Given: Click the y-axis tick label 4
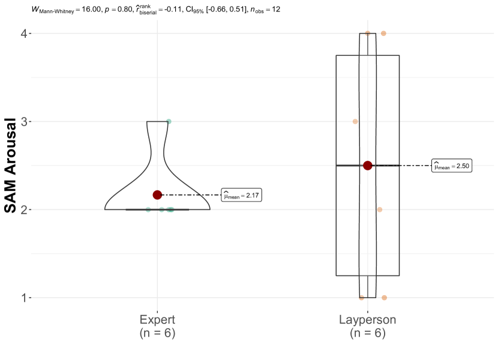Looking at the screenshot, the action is coord(25,34).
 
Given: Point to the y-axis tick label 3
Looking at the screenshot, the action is coord(25,121).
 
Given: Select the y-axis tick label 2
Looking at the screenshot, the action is coord(25,210).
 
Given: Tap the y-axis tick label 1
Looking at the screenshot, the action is coord(25,298).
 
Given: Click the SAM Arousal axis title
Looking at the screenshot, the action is coord(10,165).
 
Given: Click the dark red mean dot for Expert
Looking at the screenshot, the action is coord(157,195).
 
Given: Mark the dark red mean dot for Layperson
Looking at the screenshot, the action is coord(367,166).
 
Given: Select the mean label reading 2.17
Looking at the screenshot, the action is coord(241,196).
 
